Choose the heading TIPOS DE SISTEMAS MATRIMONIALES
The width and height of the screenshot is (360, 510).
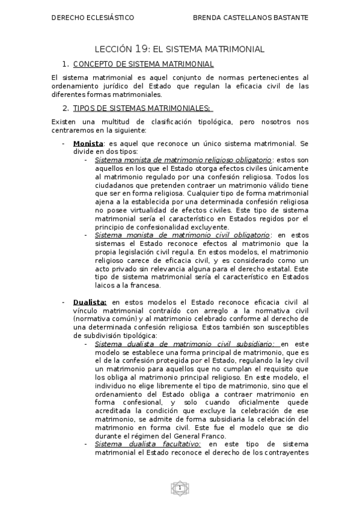(142, 108)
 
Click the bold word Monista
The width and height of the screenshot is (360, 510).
(88, 144)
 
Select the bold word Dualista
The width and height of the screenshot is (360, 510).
(90, 301)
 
